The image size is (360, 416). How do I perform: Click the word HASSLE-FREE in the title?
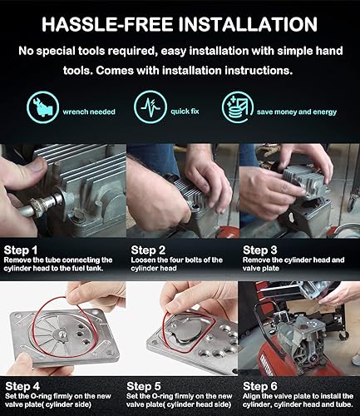pyautogui.click(x=107, y=24)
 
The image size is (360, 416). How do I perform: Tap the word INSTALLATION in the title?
pyautogui.click(x=248, y=24)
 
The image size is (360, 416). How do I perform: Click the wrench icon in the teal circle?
pyautogui.click(x=42, y=107)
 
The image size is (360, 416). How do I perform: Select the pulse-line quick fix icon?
pyautogui.click(x=150, y=107)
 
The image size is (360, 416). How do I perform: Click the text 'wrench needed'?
pyautogui.click(x=89, y=111)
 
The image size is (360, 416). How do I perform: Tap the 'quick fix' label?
pyautogui.click(x=185, y=111)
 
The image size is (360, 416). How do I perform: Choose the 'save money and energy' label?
pyautogui.click(x=297, y=111)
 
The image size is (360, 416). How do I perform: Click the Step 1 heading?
pyautogui.click(x=21, y=250)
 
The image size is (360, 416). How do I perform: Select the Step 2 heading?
pyautogui.click(x=148, y=250)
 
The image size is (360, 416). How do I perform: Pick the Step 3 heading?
pyautogui.click(x=259, y=250)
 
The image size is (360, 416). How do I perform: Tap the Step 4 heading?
pyautogui.click(x=22, y=386)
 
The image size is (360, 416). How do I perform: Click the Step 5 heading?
pyautogui.click(x=144, y=386)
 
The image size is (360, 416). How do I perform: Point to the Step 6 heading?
pyautogui.click(x=260, y=386)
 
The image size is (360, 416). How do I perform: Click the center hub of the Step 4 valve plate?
pyautogui.click(x=62, y=334)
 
